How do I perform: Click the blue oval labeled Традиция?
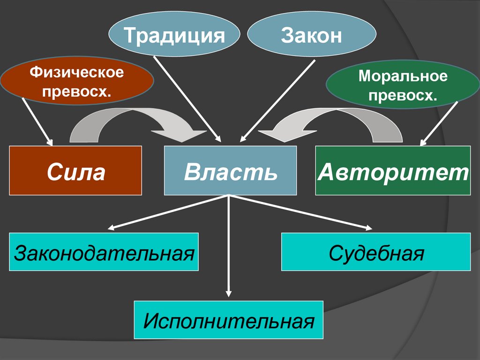pos(173,35)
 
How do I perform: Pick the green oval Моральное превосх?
pos(403,87)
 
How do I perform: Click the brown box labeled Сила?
pos(75,171)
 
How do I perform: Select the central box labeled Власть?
pos(230,171)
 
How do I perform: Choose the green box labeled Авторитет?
pos(393,171)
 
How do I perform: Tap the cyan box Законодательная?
pos(104,252)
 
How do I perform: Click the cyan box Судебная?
pos(376,252)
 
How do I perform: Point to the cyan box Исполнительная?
pos(229,320)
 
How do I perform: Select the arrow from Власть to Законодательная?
pos(169,212)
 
